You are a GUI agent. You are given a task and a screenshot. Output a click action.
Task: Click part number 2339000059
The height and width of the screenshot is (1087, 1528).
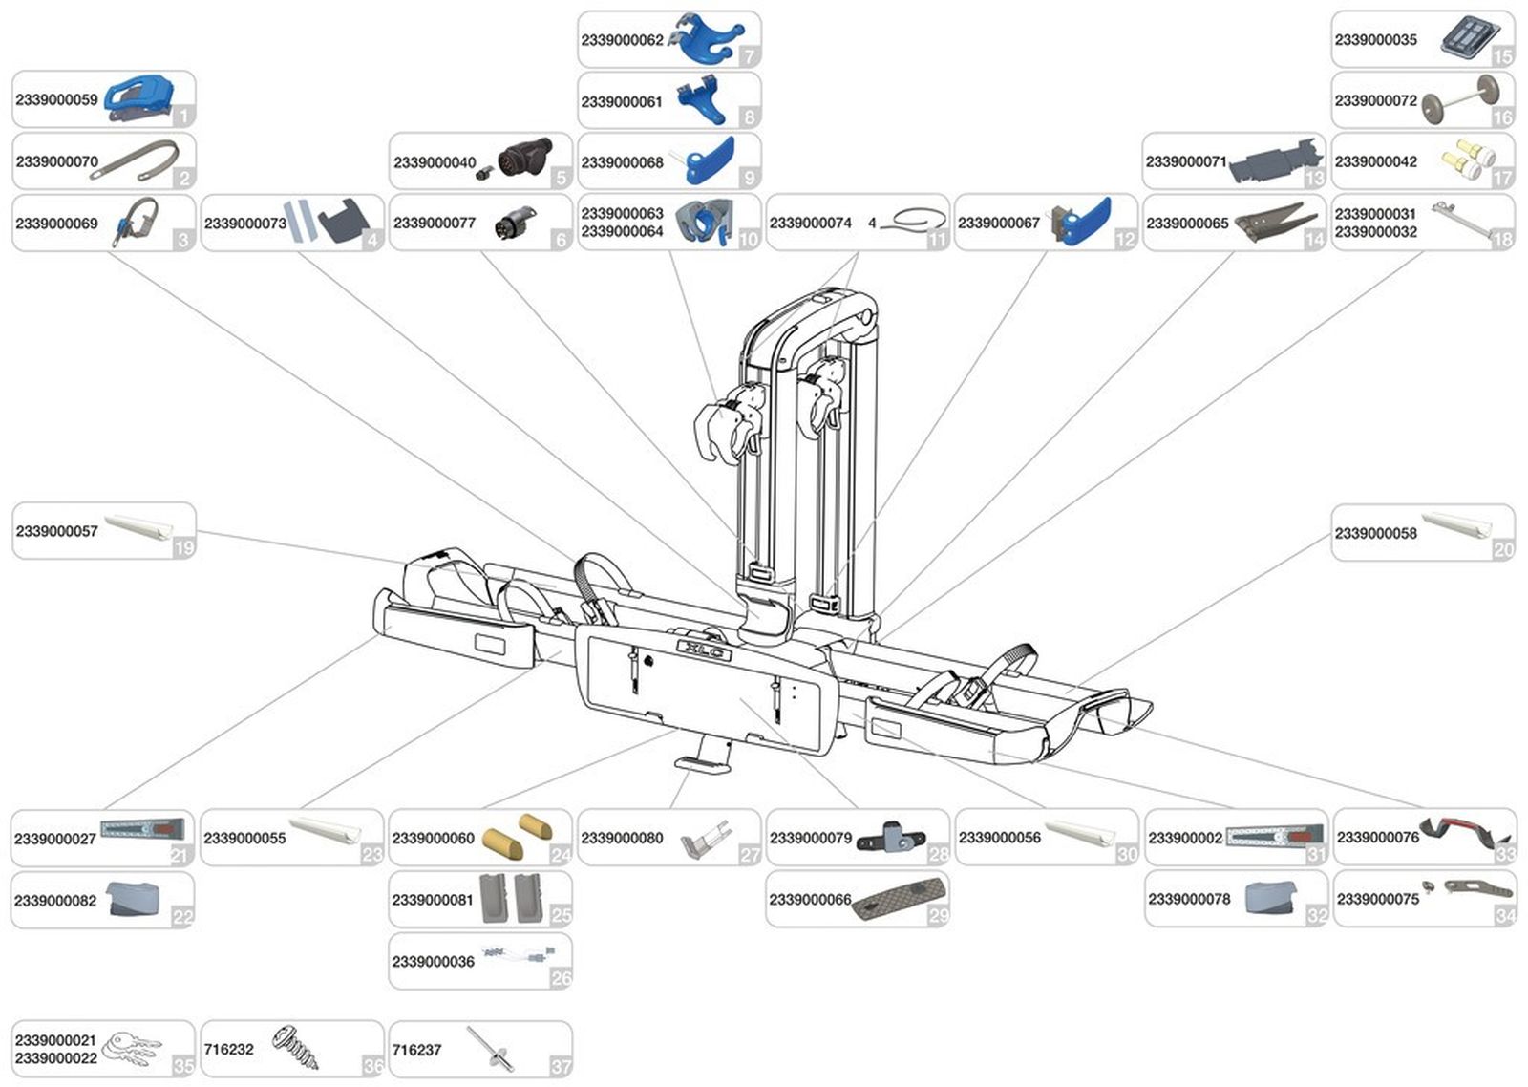56,99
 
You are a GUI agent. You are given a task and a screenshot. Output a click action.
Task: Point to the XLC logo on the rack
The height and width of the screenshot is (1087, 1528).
705,650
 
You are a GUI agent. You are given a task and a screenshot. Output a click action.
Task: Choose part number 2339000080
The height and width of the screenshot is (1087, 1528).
622,839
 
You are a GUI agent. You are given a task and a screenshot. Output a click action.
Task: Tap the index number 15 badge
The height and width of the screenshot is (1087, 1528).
1502,56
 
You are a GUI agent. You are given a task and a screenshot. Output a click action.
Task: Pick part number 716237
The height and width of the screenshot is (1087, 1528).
416,1050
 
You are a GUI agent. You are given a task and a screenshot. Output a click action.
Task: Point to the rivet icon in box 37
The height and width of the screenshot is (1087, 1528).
490,1050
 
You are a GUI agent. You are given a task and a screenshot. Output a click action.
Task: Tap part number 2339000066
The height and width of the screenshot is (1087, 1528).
810,900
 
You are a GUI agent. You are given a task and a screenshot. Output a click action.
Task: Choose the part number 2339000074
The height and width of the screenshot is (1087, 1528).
810,224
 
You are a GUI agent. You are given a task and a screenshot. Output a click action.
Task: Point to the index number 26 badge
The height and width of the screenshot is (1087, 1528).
561,977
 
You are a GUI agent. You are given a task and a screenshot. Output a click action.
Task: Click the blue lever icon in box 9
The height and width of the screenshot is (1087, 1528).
708,160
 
